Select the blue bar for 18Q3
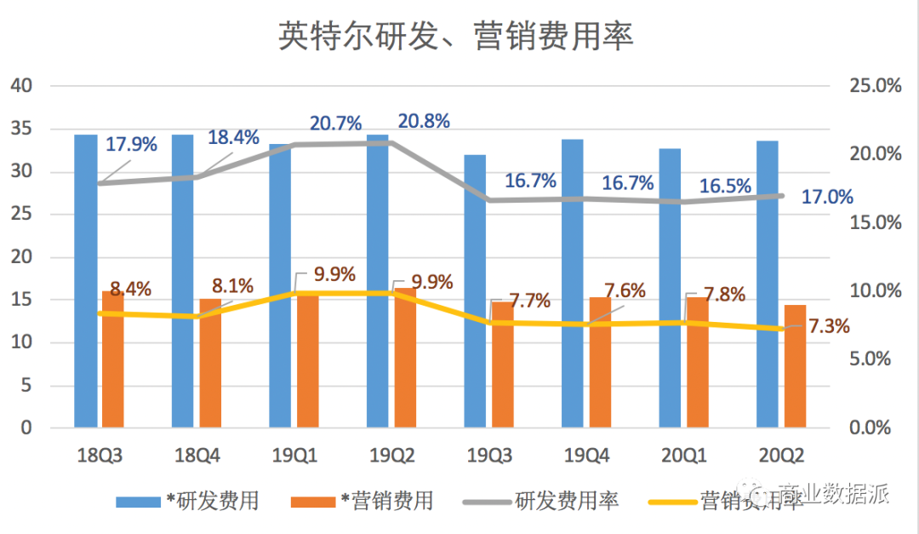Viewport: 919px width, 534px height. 85,281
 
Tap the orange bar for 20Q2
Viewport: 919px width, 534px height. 795,366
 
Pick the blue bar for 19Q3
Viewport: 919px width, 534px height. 475,290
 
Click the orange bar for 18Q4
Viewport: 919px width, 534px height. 210,362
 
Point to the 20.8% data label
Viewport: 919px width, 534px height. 424,121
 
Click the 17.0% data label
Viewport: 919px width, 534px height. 827,198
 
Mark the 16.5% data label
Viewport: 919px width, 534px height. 725,187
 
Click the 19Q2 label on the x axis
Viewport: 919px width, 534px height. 391,457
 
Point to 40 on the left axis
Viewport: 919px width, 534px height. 20,86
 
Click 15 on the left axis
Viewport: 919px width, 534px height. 20,300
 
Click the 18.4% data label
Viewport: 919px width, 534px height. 234,137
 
